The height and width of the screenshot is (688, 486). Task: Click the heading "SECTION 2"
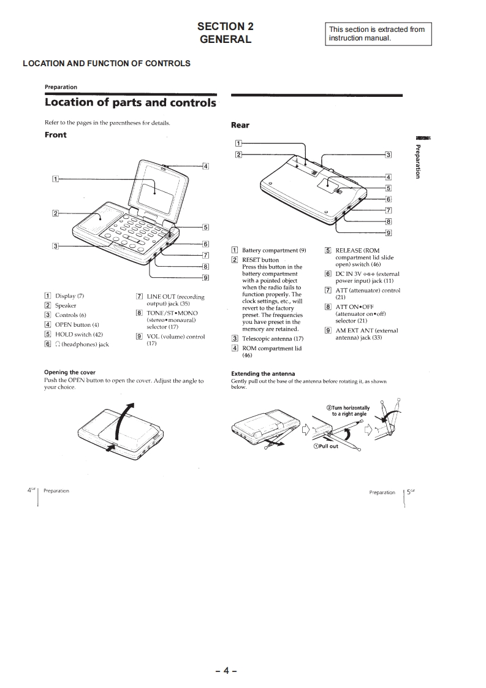pyautogui.click(x=225, y=26)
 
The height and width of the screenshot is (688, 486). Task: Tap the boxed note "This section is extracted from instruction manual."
pyautogui.click(x=376, y=34)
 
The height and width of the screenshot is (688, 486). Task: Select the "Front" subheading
pyautogui.click(x=55, y=135)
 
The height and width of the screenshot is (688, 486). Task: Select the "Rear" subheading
pyautogui.click(x=240, y=125)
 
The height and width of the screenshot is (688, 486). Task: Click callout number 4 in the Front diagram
pyautogui.click(x=205, y=166)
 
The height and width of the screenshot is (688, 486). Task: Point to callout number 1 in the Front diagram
pyautogui.click(x=55, y=179)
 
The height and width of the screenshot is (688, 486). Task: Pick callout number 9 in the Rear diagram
pyautogui.click(x=388, y=232)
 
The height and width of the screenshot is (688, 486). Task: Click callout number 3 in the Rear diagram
pyautogui.click(x=388, y=155)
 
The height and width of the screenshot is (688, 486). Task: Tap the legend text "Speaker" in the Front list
pyautogui.click(x=66, y=305)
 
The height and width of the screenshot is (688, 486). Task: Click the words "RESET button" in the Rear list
pyautogui.click(x=260, y=260)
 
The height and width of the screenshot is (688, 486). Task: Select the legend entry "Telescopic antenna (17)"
pyautogui.click(x=273, y=338)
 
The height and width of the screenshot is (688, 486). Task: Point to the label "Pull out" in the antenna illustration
pyautogui.click(x=325, y=446)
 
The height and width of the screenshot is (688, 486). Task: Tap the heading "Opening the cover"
pyautogui.click(x=70, y=372)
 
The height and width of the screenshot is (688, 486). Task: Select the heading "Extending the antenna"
pyautogui.click(x=263, y=373)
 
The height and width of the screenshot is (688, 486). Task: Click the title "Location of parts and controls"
pyautogui.click(x=131, y=102)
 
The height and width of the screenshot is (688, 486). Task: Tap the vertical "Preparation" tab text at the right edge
pyautogui.click(x=418, y=161)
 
